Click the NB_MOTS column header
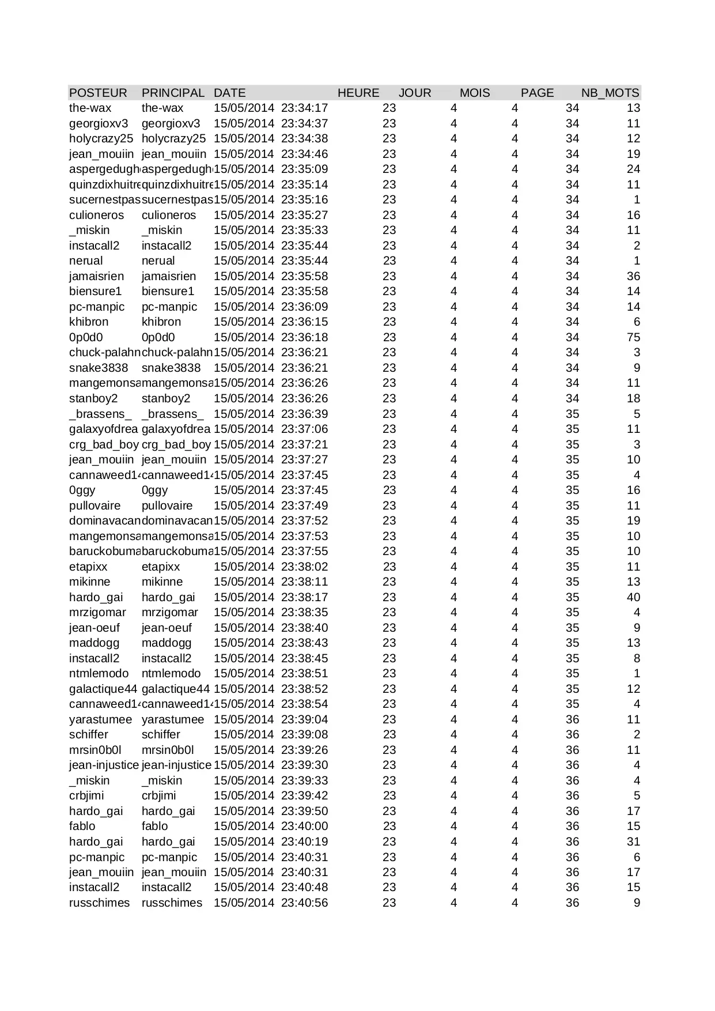610,93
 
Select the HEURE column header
358,93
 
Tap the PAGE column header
537,93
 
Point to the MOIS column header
475,93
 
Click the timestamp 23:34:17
304,108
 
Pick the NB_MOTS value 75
633,337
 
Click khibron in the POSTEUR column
89,322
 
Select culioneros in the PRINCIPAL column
169,215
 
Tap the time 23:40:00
304,826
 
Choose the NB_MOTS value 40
633,597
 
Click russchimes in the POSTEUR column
100,903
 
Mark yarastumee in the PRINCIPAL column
173,719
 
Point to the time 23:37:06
304,429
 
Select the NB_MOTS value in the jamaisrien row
633,276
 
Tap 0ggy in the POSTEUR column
82,490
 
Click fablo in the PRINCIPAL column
154,826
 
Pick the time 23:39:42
304,795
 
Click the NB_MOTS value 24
633,169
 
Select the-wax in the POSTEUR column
90,108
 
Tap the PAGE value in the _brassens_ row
572,414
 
